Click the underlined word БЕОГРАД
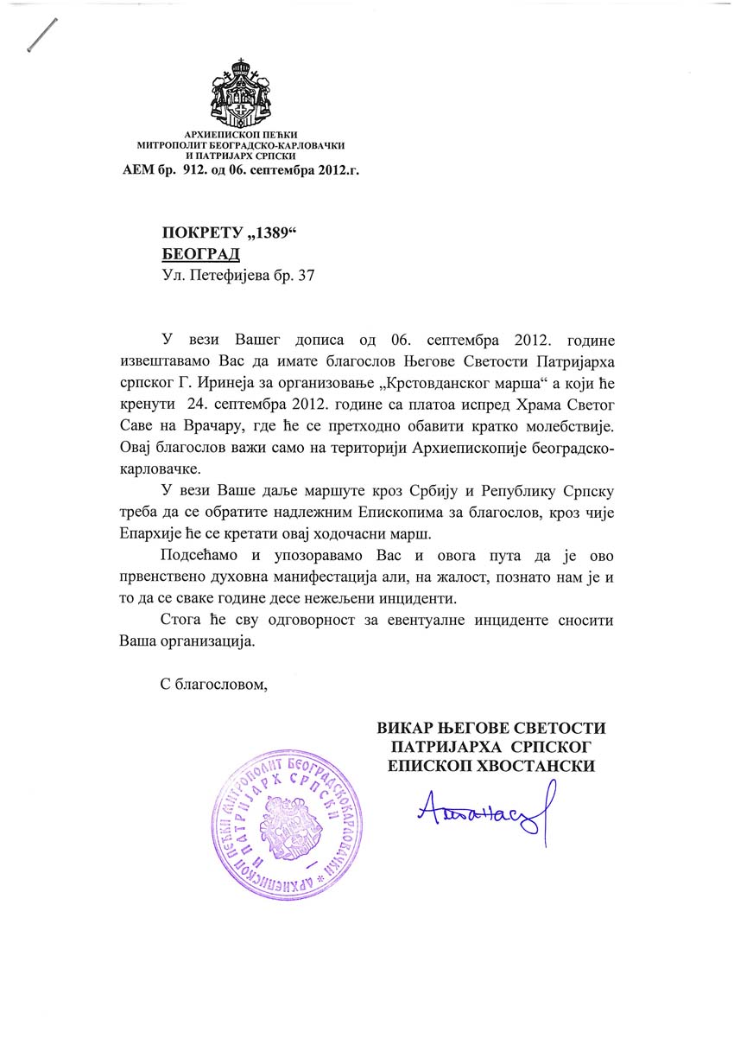[200, 253]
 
